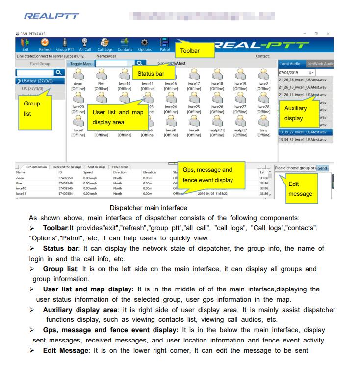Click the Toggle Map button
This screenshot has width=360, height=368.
pos(80,64)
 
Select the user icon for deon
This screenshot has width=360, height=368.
pos(78,75)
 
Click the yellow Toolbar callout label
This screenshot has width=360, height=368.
pos(194,50)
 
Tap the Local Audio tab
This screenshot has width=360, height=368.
pos(290,64)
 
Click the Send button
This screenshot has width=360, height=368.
pos(322,168)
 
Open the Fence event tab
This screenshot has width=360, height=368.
pos(120,167)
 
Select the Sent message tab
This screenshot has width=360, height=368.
pos(97,167)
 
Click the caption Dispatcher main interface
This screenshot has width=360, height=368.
pos(148,208)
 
